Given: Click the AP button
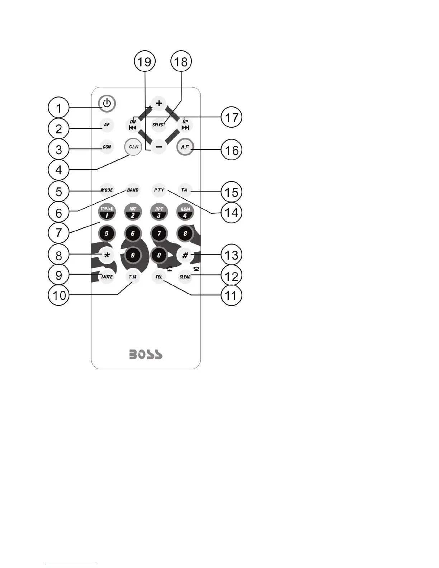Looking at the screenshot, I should click(x=107, y=125).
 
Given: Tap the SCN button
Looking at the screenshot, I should click(x=107, y=147).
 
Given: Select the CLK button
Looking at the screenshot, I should click(x=133, y=147).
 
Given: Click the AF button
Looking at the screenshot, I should click(x=185, y=147).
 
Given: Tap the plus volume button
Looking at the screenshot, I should click(x=159, y=104).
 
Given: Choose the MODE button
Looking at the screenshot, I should click(x=107, y=190).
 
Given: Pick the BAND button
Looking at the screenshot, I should click(x=133, y=190).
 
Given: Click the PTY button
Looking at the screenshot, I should click(x=159, y=190).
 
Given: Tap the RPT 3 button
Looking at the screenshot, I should click(x=159, y=212).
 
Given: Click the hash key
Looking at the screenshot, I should click(x=185, y=255).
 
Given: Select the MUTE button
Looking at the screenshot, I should click(x=107, y=276).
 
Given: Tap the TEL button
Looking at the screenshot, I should click(x=159, y=276).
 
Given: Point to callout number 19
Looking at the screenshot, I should click(x=145, y=62).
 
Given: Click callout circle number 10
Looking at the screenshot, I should click(x=59, y=296).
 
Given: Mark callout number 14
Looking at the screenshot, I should click(x=231, y=212).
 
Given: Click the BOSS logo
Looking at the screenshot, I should click(x=146, y=355).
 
